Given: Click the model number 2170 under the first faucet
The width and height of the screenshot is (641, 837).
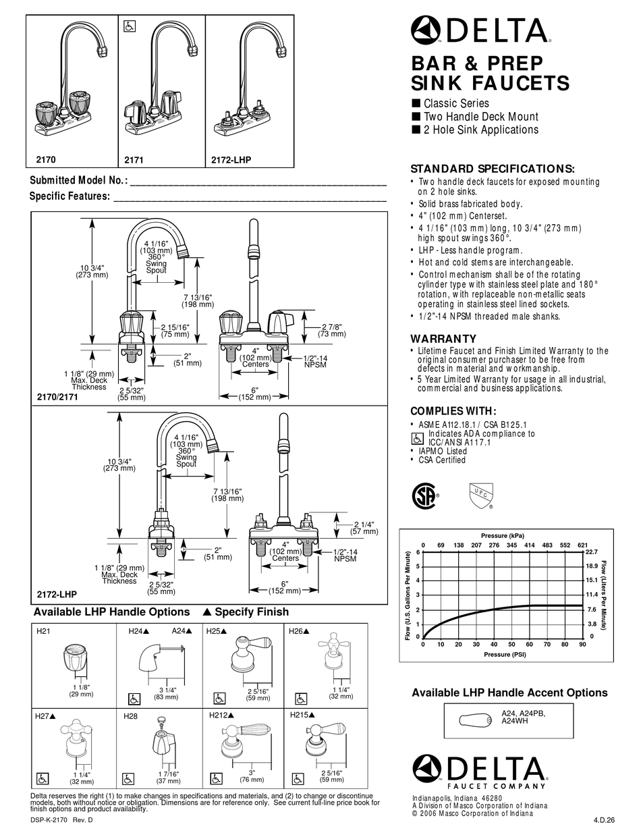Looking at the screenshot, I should [45, 161].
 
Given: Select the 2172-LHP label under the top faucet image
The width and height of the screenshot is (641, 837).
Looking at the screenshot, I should [231, 161].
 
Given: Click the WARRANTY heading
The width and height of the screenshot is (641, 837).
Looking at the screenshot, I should [443, 339].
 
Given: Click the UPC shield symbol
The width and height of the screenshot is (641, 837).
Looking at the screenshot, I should [480, 495].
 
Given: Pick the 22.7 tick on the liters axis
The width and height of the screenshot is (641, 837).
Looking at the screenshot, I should [590, 551].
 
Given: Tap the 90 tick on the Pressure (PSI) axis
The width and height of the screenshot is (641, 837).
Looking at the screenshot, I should [582, 645].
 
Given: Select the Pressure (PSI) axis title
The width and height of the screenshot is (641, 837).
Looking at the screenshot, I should [504, 654].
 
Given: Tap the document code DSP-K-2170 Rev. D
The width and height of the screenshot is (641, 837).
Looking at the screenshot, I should [61, 820].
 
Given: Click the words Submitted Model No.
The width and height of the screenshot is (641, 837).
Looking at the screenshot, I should [78, 181].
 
